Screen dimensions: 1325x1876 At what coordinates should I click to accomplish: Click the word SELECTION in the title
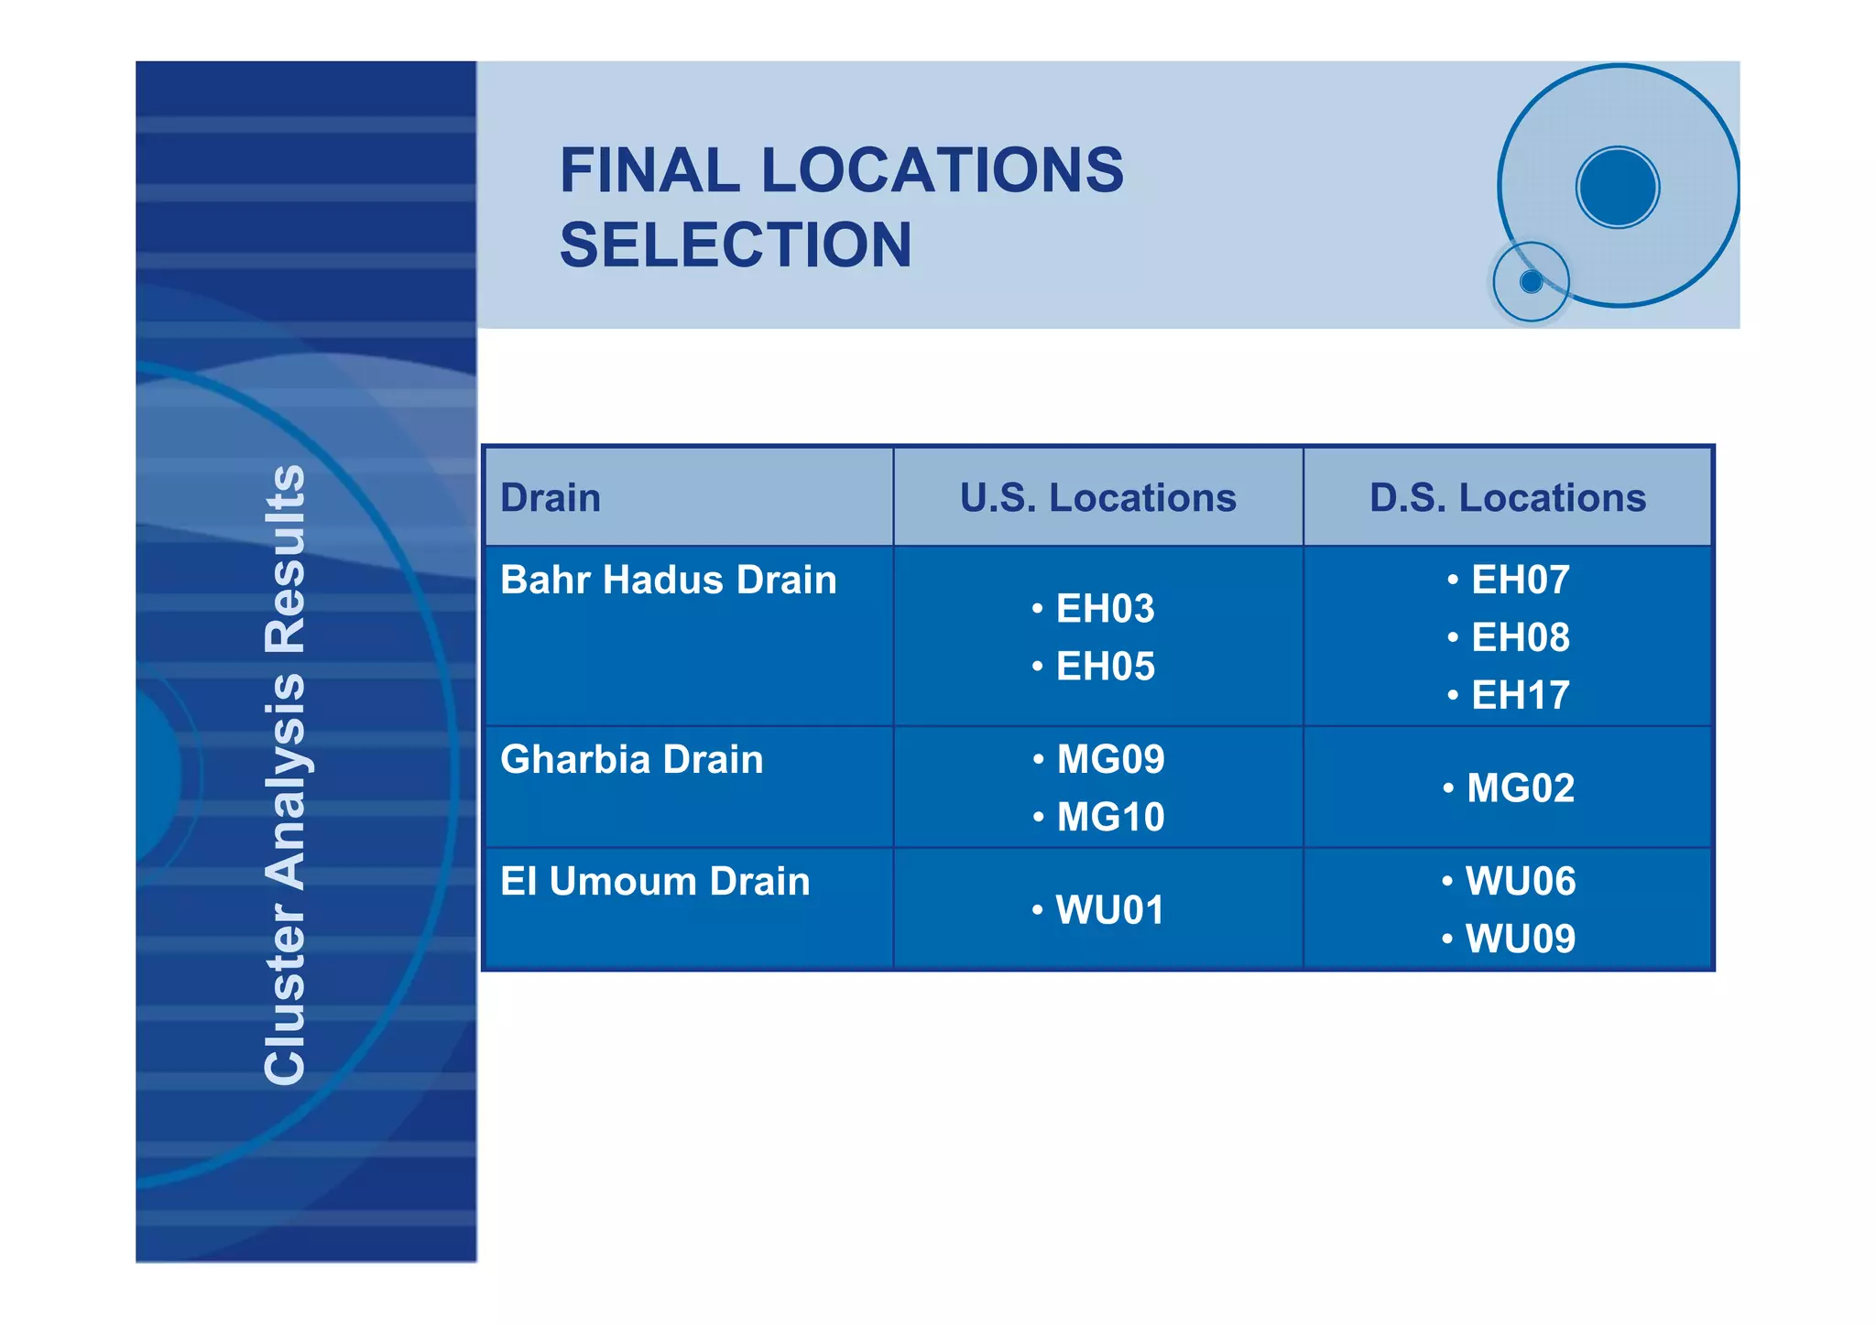(x=736, y=245)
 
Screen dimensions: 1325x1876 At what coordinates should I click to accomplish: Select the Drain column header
(x=551, y=498)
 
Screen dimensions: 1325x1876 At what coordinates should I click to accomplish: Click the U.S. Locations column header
(x=1097, y=498)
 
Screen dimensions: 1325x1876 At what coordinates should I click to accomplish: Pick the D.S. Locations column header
(x=1507, y=498)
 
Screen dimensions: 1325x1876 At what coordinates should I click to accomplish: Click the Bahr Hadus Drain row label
(x=669, y=581)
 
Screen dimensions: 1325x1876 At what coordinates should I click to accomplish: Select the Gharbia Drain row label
(x=632, y=760)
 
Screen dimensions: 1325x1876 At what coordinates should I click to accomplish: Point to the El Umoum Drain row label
(x=655, y=882)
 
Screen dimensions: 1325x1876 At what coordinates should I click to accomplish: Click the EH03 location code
(x=1105, y=609)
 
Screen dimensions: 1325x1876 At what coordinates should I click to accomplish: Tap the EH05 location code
(x=1105, y=667)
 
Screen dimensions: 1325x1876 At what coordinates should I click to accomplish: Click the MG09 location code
(x=1110, y=760)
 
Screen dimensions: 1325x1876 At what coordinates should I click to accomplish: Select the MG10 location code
(x=1110, y=818)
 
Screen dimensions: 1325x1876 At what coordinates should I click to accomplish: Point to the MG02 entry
(x=1520, y=788)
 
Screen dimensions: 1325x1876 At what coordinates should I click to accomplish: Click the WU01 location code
(x=1109, y=910)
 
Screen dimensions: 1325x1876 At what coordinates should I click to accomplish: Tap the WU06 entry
(x=1520, y=882)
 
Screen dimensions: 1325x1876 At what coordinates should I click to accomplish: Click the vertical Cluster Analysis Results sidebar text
(x=285, y=775)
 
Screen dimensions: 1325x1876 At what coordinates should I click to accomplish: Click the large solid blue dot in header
(x=1618, y=188)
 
